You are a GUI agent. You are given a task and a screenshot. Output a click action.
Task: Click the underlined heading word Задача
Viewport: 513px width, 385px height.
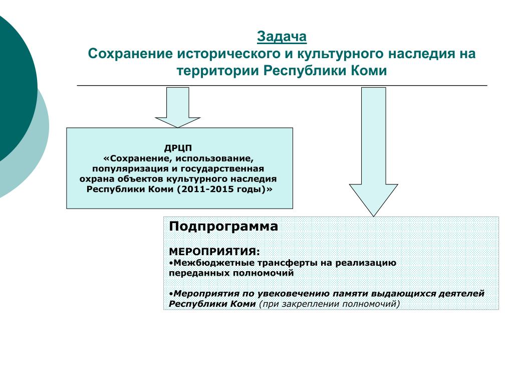tap(282, 37)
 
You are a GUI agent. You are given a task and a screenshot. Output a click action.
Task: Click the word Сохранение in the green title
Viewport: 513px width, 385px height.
tap(130, 54)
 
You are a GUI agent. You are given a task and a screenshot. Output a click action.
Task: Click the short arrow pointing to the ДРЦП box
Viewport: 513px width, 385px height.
tap(178, 107)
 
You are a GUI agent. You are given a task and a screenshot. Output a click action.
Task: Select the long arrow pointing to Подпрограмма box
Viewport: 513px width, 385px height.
tap(374, 152)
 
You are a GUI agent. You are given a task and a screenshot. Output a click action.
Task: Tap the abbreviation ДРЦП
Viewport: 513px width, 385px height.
tap(178, 148)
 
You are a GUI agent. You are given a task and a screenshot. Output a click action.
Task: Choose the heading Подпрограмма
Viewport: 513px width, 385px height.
tap(223, 227)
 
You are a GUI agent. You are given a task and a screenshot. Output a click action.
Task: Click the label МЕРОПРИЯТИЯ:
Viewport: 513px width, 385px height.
tap(214, 252)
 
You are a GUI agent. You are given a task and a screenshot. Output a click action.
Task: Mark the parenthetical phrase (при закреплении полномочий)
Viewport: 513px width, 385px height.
tap(330, 304)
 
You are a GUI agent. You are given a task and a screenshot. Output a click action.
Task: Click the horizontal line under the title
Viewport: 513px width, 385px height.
tap(282, 85)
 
